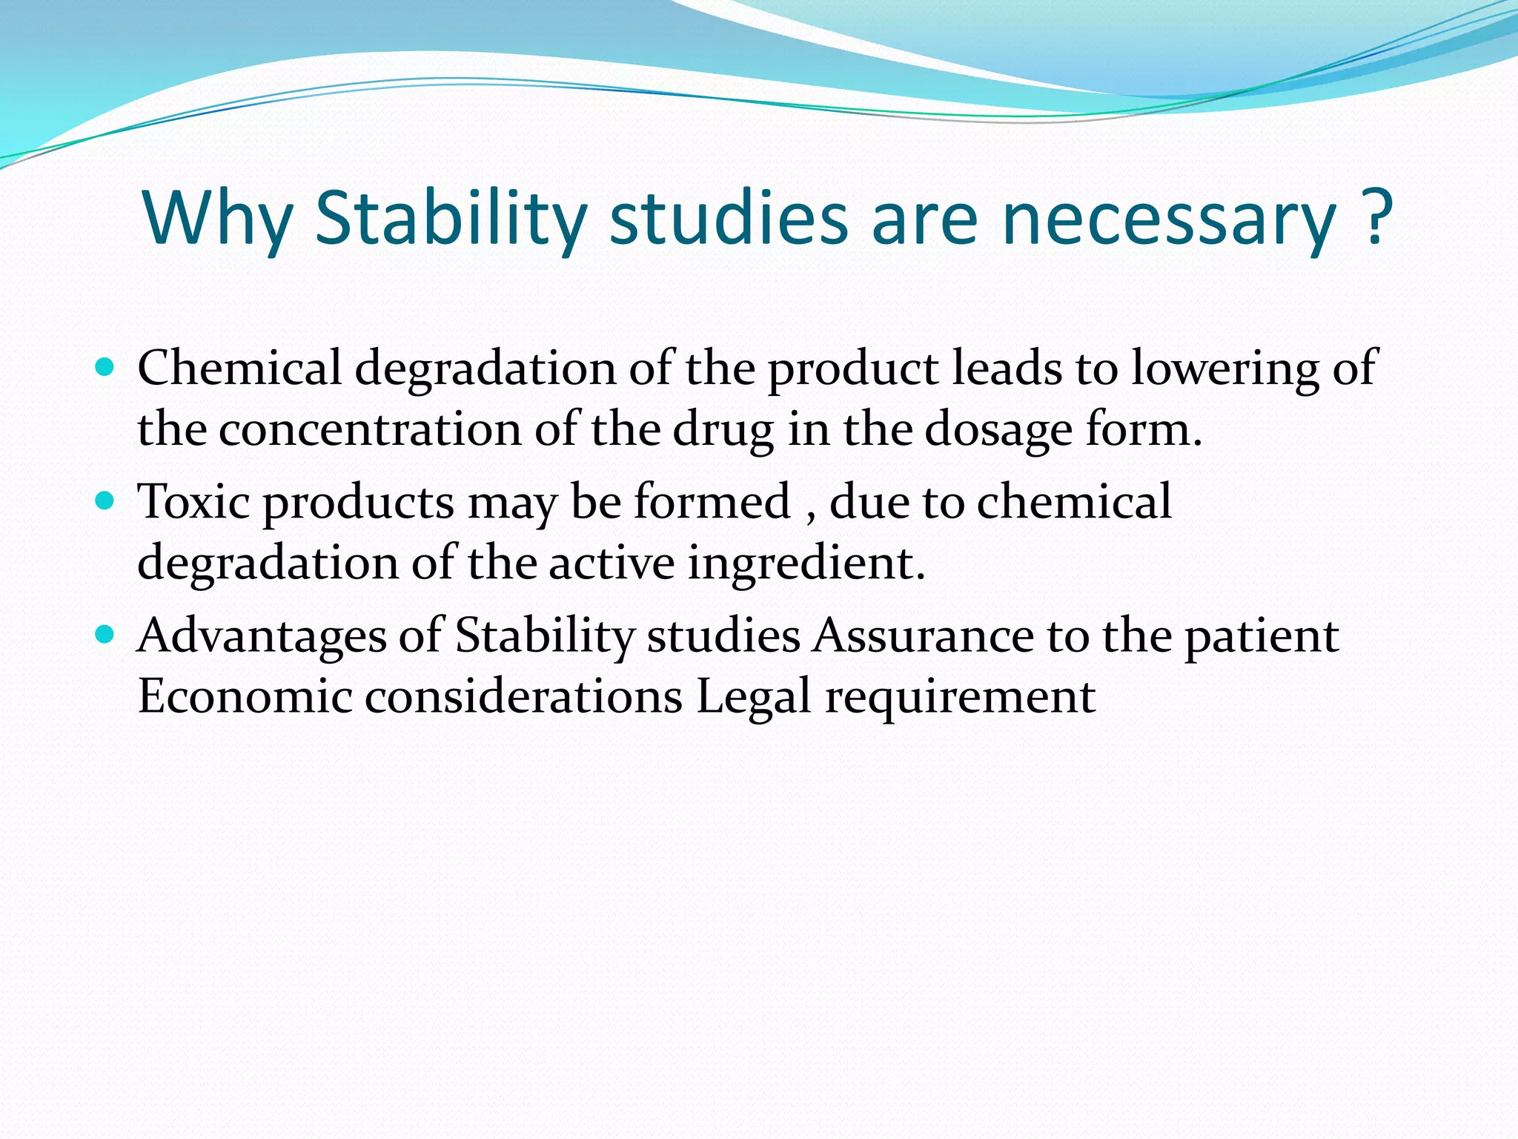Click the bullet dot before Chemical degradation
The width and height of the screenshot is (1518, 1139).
tap(106, 367)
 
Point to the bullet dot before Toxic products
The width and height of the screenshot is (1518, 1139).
tap(106, 501)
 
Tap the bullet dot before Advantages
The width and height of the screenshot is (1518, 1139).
tap(106, 635)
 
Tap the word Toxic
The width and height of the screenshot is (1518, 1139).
tap(194, 501)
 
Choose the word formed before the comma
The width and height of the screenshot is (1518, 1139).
tap(712, 501)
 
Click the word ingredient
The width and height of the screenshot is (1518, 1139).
tap(804, 564)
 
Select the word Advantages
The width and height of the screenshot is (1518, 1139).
tap(262, 636)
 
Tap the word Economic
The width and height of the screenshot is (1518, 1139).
tap(245, 696)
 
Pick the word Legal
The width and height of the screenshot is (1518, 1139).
tap(753, 698)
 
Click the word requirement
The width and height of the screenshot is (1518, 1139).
tap(960, 698)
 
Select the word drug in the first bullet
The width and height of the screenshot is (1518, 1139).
tap(723, 431)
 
